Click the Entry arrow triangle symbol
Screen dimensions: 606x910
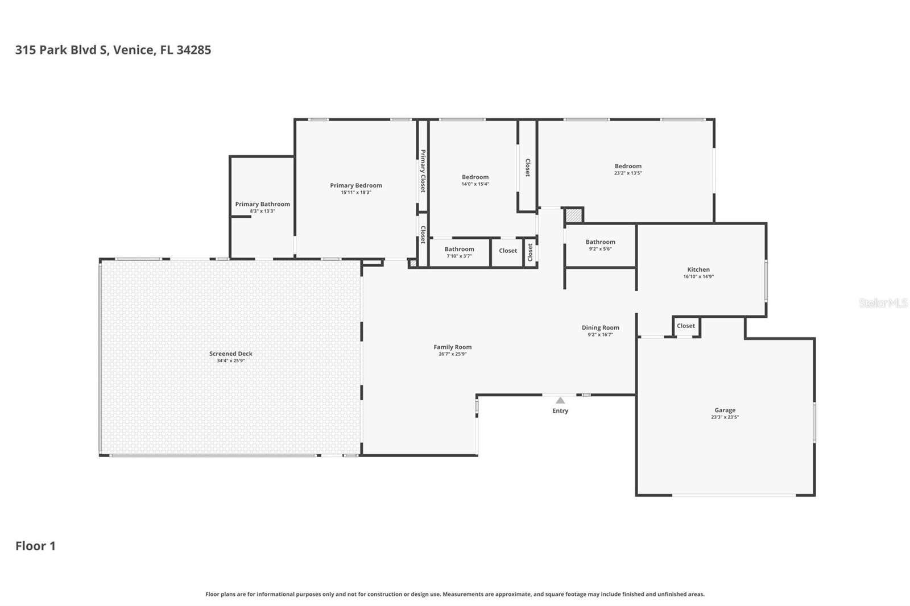point(560,400)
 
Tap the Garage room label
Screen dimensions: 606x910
point(725,410)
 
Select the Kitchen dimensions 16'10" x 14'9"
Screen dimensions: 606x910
point(698,277)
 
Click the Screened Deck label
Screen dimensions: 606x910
point(230,354)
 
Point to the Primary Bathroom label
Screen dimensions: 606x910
point(262,204)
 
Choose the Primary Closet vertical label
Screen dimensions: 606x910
point(423,171)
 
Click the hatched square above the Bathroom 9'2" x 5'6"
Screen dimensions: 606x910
point(573,215)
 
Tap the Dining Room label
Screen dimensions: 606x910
point(600,327)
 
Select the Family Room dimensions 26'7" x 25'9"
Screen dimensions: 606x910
point(452,354)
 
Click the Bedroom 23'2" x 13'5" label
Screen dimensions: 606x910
point(628,166)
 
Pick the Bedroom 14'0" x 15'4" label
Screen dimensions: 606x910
point(475,177)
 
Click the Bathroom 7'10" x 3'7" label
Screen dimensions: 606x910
point(459,249)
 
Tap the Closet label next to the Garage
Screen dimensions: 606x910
point(685,326)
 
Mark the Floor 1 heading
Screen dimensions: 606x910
point(35,546)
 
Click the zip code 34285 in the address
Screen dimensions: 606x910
point(193,50)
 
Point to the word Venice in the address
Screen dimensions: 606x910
point(133,50)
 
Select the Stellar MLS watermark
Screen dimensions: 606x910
point(883,303)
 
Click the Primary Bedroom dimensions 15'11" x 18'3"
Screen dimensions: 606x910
point(355,193)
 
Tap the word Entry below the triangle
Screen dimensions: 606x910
point(560,410)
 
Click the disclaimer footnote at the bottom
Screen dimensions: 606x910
point(454,594)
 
